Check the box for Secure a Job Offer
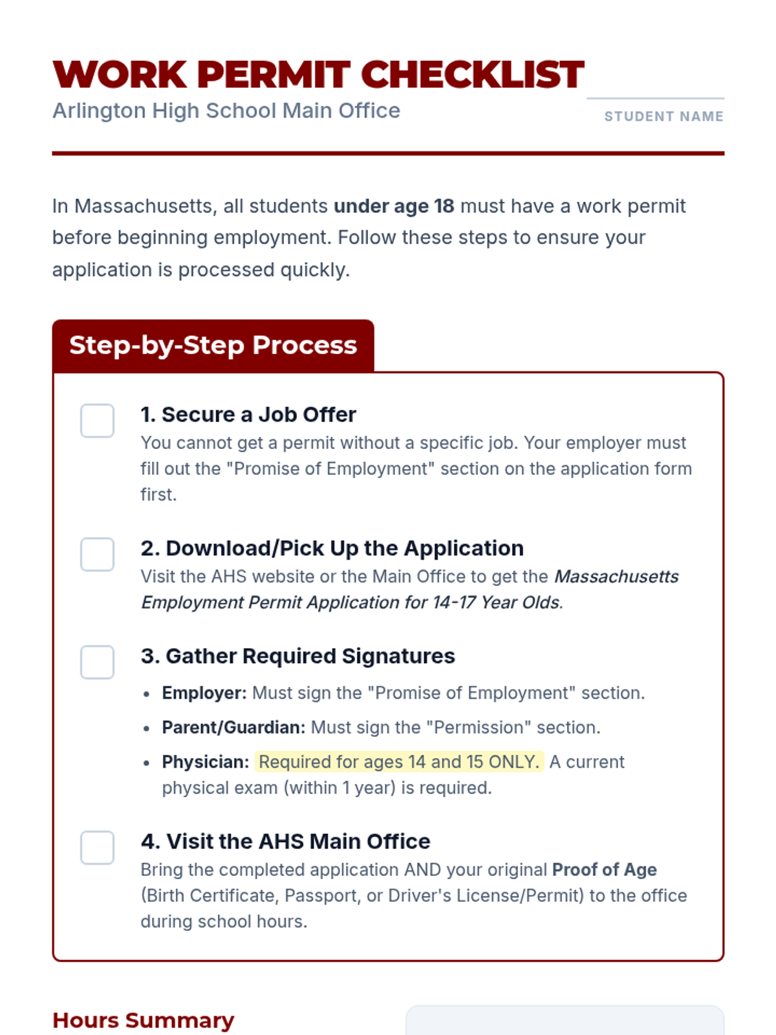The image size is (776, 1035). [97, 421]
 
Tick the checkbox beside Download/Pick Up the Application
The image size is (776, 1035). [97, 554]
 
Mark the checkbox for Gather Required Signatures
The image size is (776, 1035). [97, 662]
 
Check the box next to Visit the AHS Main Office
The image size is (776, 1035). [97, 847]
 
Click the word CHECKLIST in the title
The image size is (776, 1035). [472, 74]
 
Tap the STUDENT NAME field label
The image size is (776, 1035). [663, 116]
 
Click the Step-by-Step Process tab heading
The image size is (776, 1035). [213, 345]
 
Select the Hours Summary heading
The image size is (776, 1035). [143, 1020]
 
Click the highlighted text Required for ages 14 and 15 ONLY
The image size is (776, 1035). [399, 762]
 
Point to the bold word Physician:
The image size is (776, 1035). [205, 762]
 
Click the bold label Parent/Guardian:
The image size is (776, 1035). [233, 728]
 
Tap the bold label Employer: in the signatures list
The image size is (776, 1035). [204, 693]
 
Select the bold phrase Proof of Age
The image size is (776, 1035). [604, 870]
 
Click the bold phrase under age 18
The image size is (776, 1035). [394, 206]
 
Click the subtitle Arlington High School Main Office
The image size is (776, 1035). [226, 111]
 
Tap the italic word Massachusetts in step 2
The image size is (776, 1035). [616, 576]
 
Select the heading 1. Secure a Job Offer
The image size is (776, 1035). [248, 415]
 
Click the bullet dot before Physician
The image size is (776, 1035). [147, 763]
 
